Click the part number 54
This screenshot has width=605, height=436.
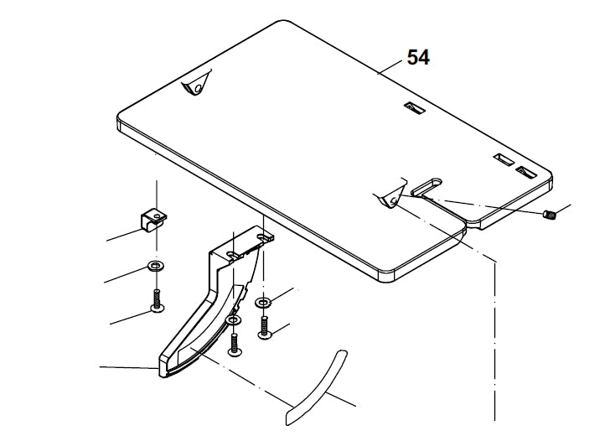[x=418, y=57]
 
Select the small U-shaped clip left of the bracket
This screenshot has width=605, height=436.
[x=152, y=219]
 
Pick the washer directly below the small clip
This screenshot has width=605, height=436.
[x=155, y=267]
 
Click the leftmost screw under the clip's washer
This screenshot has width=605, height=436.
[x=156, y=301]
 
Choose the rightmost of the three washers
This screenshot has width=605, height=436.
[x=263, y=302]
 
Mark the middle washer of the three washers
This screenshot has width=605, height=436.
[x=233, y=320]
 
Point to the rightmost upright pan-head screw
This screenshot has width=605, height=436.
[x=264, y=327]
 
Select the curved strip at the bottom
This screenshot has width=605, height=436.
[x=318, y=386]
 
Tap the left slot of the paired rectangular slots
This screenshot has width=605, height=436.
[x=504, y=159]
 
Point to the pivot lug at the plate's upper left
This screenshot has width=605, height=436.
[x=194, y=86]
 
